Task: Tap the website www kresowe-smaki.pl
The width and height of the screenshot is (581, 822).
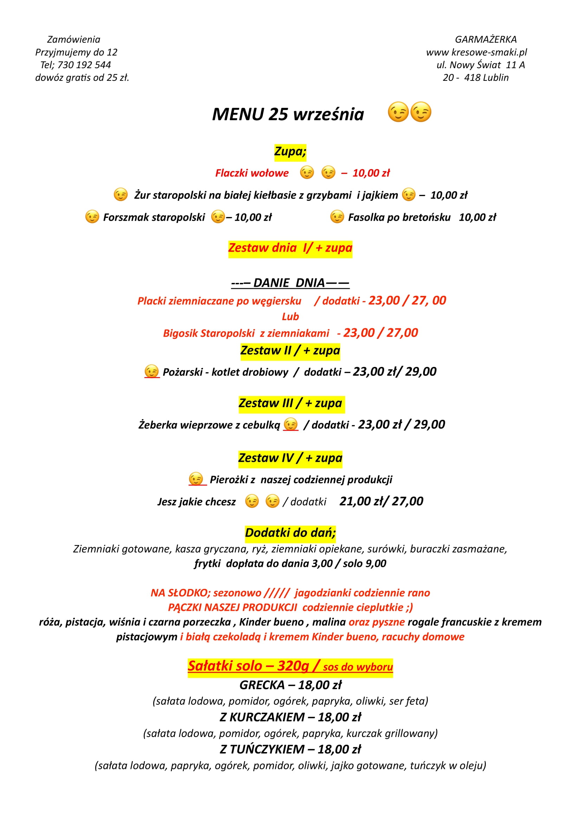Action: point(476,52)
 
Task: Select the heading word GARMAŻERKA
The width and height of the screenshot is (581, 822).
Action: point(485,39)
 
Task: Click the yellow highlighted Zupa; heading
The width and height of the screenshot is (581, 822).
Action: point(290,151)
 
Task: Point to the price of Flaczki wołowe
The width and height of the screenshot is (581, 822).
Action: point(371,173)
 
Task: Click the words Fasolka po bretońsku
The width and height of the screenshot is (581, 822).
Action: point(399,217)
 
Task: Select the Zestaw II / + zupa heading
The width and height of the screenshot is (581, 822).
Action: point(290,350)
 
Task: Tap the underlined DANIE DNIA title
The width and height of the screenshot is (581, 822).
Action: point(290,283)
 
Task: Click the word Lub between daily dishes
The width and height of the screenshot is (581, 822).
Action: point(290,317)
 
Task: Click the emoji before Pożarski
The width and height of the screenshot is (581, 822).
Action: point(151,371)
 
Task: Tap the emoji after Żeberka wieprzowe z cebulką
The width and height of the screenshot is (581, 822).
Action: point(290,424)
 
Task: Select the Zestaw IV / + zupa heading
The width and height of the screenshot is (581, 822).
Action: point(290,458)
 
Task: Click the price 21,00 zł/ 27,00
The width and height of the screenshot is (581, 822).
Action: point(381,501)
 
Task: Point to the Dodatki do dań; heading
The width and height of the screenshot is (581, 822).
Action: point(290,533)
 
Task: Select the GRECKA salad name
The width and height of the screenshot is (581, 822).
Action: point(262,685)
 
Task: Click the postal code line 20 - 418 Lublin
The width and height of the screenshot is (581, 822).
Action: point(476,78)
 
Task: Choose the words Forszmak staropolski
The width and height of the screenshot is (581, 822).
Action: point(154,217)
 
